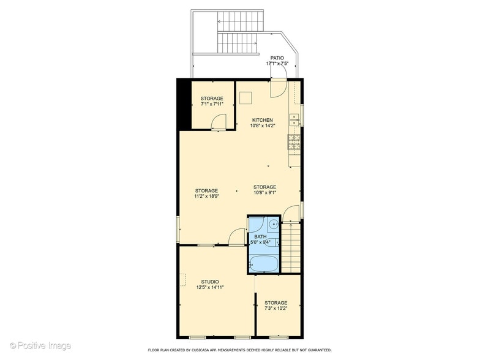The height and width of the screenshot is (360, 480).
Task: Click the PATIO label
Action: (277, 58)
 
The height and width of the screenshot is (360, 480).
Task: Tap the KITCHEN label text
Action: (263, 120)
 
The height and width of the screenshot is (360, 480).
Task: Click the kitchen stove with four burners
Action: (293, 143)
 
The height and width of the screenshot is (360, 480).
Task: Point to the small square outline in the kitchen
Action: (246, 98)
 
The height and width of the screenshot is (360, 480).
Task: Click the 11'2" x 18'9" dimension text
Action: (207, 197)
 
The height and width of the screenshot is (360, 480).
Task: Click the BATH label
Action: (260, 236)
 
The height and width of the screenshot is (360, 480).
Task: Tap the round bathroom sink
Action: (274, 225)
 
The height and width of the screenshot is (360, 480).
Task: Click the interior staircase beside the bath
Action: (292, 248)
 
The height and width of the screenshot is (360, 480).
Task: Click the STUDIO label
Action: (209, 282)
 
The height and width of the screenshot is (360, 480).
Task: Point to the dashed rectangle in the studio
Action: (182, 280)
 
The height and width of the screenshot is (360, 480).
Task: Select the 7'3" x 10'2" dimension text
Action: (276, 309)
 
